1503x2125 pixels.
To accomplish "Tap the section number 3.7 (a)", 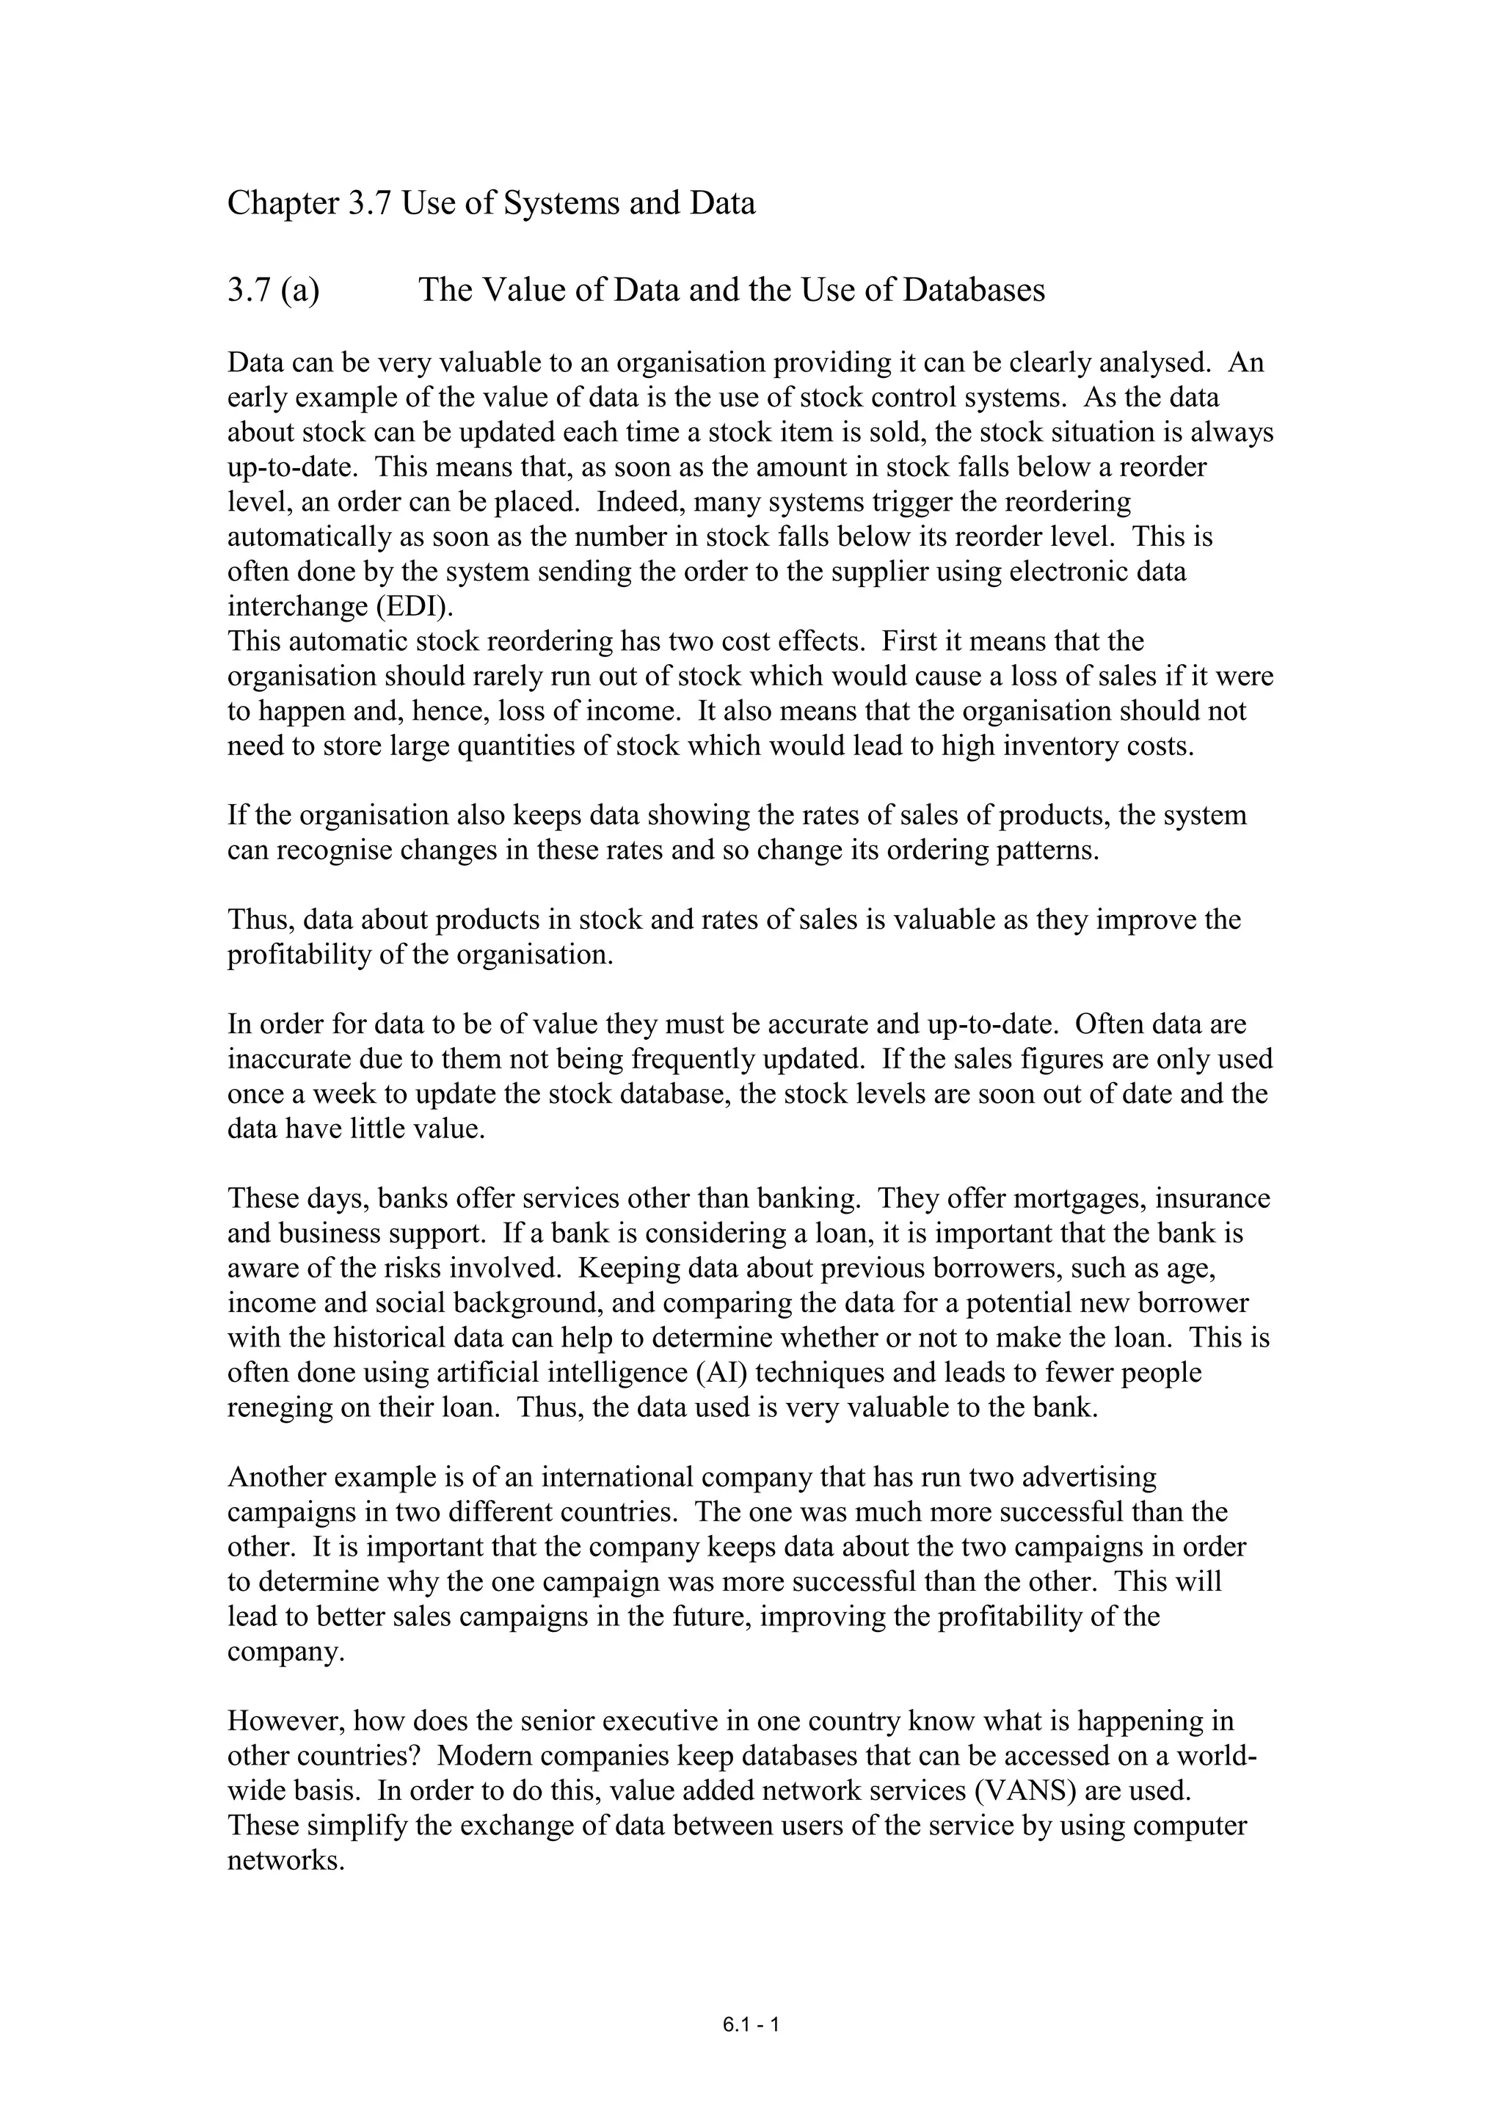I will tap(273, 291).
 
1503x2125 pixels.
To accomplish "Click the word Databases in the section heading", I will tap(974, 291).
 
